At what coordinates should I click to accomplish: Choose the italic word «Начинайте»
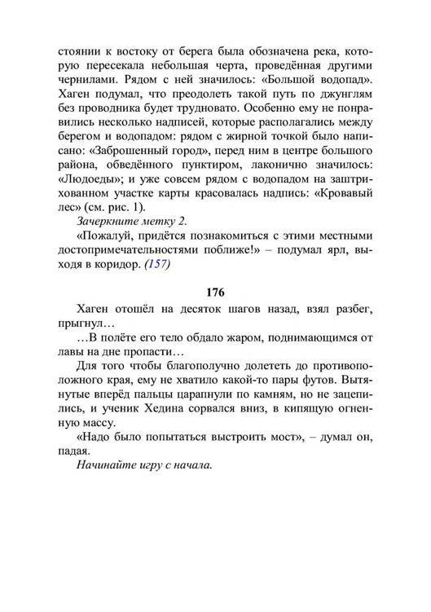coord(112,467)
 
